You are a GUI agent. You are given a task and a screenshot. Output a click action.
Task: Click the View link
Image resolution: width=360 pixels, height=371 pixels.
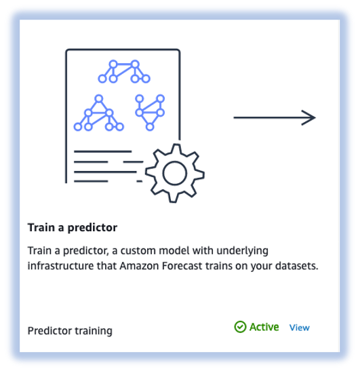click(299, 328)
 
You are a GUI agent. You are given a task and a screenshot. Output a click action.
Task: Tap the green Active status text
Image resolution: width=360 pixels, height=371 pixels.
click(264, 327)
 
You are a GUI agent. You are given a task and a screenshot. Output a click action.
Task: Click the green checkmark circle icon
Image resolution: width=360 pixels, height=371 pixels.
click(240, 327)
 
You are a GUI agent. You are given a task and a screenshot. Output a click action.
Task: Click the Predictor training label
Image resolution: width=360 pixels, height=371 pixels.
click(70, 331)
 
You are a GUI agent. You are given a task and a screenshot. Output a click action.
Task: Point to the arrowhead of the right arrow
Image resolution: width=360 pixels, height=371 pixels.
click(310, 118)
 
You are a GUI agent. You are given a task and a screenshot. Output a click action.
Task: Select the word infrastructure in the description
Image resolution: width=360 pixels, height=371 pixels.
click(60, 266)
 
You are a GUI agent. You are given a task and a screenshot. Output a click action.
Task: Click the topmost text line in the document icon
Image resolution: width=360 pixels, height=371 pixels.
click(102, 151)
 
